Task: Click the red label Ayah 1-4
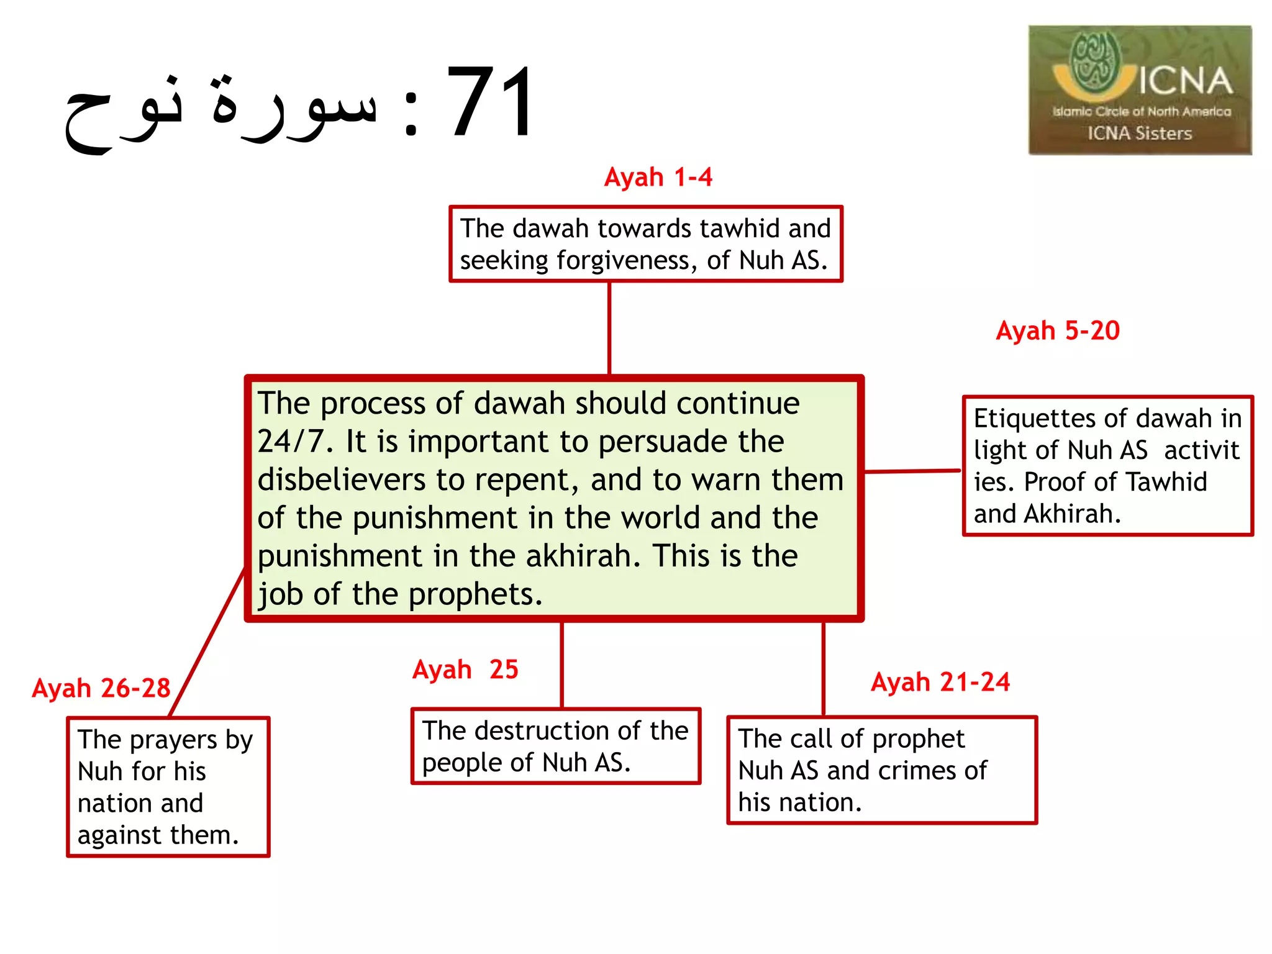658,178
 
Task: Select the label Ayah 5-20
1058,330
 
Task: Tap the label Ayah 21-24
940,682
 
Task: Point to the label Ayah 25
465,670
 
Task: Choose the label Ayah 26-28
101,688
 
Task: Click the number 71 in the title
490,102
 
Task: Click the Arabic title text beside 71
220,109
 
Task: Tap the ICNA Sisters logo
1140,90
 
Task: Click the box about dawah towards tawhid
645,244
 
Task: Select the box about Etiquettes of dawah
1107,466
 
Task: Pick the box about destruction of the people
555,746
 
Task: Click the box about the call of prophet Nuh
881,770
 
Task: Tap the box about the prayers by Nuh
168,787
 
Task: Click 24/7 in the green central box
291,442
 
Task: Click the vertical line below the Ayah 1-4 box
609,328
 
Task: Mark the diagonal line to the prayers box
207,642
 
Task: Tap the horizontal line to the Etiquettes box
912,471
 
